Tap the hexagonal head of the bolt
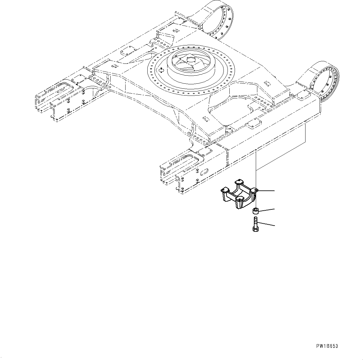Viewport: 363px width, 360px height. click(x=255, y=229)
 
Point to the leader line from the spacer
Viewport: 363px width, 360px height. click(x=267, y=210)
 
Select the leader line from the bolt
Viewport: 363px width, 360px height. click(x=266, y=224)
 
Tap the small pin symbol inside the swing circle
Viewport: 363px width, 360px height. click(x=161, y=70)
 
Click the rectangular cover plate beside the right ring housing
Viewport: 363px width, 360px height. click(x=301, y=96)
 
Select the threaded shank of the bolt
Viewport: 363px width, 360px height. click(x=255, y=222)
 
